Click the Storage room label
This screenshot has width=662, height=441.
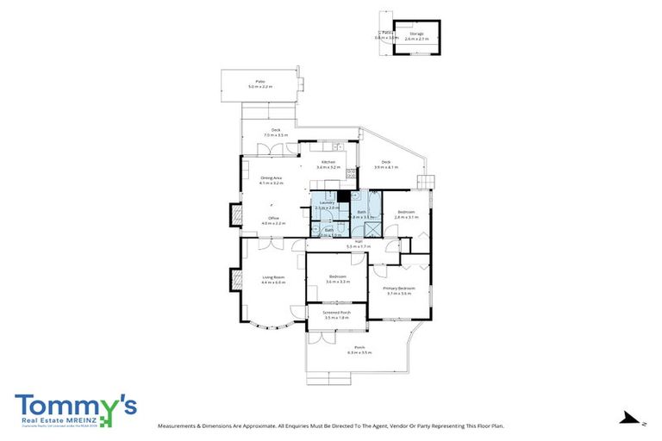(416, 34)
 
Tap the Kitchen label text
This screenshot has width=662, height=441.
(328, 162)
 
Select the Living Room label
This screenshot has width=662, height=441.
(273, 276)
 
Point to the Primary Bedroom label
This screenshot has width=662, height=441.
(401, 288)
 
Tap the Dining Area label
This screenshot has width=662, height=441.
(272, 178)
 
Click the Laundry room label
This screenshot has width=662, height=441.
(326, 202)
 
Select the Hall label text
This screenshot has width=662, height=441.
(358, 242)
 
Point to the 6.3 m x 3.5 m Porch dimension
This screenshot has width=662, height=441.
(359, 353)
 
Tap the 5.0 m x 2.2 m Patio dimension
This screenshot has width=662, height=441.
(259, 87)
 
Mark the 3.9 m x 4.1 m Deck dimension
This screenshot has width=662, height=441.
(386, 167)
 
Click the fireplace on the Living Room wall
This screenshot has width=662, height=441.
(234, 280)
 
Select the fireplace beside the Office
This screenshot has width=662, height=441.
(234, 214)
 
